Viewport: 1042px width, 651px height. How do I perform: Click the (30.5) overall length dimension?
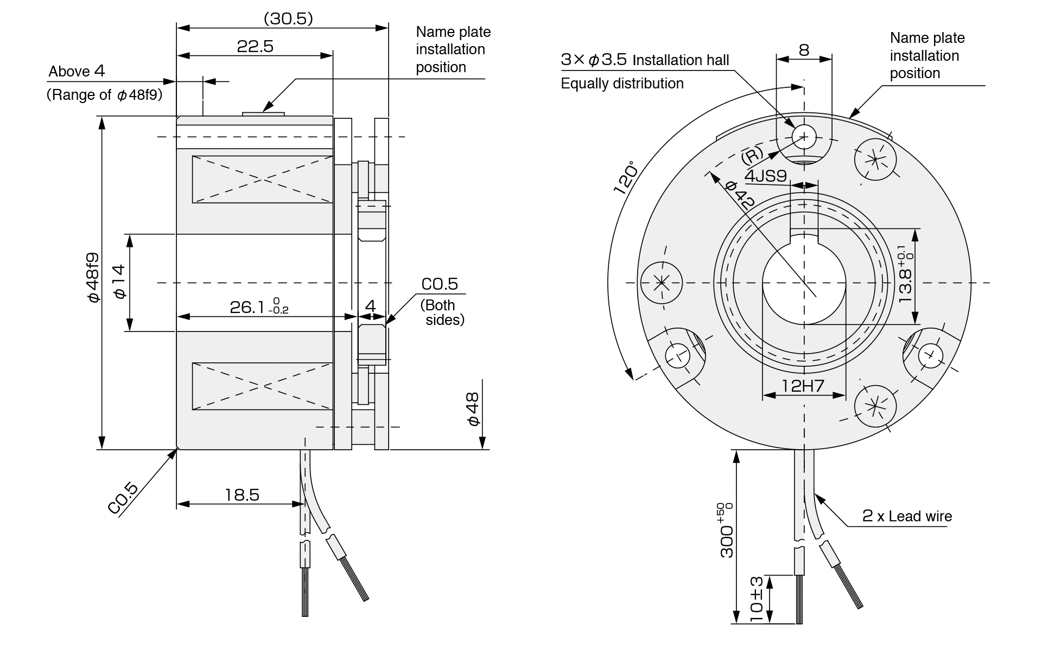(288, 19)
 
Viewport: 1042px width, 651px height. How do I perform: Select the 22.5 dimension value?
(255, 47)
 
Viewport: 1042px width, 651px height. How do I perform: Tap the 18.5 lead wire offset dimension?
(242, 495)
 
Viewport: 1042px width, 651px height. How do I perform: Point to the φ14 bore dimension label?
(119, 282)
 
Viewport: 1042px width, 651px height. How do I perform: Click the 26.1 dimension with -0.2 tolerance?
(259, 308)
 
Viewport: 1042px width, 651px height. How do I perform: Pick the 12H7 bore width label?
(803, 386)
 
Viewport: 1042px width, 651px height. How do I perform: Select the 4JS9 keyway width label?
(765, 176)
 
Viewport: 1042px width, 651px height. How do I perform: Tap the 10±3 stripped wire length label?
(757, 599)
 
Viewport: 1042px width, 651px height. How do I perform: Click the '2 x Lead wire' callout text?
(907, 516)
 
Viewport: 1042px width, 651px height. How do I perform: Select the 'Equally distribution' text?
(622, 84)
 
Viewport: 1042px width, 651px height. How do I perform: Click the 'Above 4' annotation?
(77, 72)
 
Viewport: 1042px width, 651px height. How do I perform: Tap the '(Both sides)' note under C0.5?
(442, 312)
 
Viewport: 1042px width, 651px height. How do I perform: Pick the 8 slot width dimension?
(804, 50)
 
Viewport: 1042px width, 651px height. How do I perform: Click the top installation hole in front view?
(804, 136)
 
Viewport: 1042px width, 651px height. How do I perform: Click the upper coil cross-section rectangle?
(262, 180)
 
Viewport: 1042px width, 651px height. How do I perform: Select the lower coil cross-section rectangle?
(262, 386)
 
